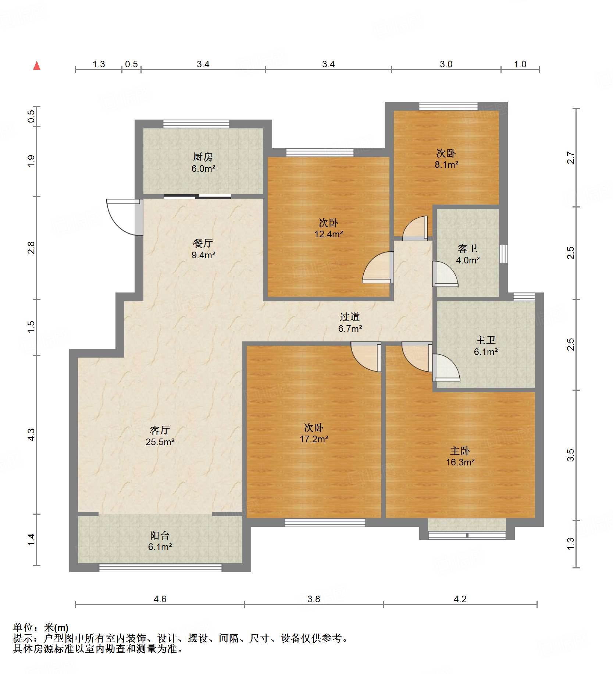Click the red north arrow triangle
click(x=37, y=66)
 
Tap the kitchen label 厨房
click(x=203, y=157)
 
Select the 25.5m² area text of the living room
click(x=160, y=442)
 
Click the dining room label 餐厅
click(x=203, y=243)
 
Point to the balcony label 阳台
click(x=160, y=536)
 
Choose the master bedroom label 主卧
click(x=460, y=451)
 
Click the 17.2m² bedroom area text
click(x=314, y=439)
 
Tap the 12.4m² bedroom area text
click(x=328, y=234)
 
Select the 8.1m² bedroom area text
click(x=446, y=164)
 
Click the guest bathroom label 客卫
click(x=467, y=249)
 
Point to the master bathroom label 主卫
click(x=485, y=340)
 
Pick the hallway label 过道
click(x=349, y=317)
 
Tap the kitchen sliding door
click(x=197, y=196)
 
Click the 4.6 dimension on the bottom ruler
click(x=160, y=599)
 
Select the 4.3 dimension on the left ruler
click(x=32, y=434)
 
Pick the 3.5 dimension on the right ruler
click(x=570, y=455)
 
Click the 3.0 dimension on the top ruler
click(x=446, y=64)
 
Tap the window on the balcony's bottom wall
click(x=160, y=568)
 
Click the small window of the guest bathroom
click(x=503, y=253)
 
